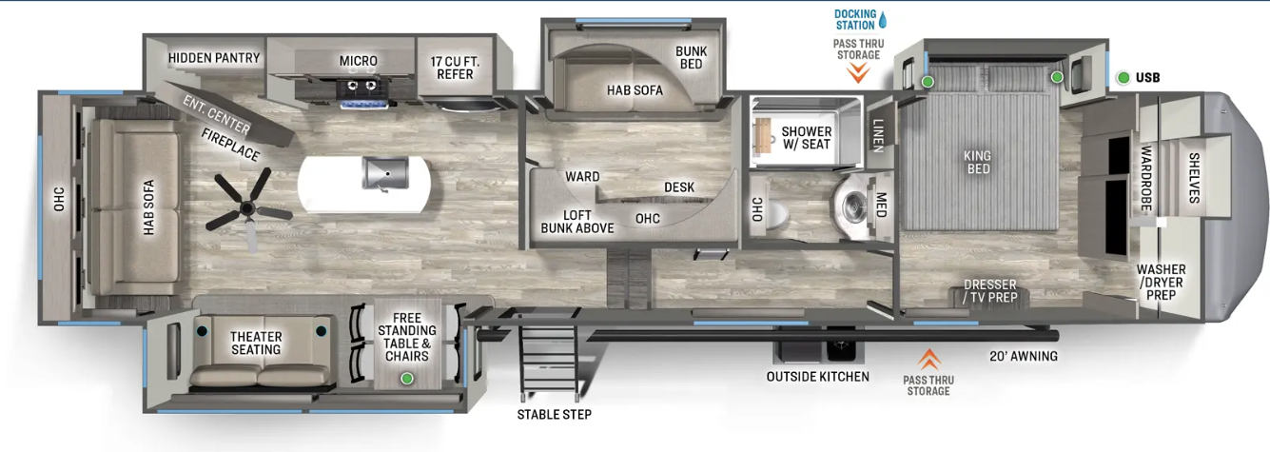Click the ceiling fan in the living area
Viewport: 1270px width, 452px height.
click(246, 208)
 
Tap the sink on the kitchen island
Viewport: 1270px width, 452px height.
click(385, 173)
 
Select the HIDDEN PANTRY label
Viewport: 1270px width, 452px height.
click(214, 58)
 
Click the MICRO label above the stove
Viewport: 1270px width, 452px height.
click(359, 61)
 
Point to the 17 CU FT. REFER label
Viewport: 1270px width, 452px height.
click(455, 69)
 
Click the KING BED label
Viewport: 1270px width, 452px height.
click(978, 162)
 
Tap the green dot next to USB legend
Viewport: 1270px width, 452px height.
click(1123, 78)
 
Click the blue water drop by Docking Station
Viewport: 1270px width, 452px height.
click(882, 20)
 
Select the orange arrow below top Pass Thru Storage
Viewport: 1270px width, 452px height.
click(858, 73)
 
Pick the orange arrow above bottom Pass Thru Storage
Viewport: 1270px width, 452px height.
click(928, 359)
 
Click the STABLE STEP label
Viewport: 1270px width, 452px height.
click(554, 415)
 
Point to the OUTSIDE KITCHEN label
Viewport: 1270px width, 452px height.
click(817, 377)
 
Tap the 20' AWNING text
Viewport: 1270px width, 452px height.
click(1024, 356)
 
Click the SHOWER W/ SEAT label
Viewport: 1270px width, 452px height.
click(806, 138)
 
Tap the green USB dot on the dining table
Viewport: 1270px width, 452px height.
click(406, 379)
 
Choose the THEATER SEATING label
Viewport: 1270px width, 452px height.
click(256, 344)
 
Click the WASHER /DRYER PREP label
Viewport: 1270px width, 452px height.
click(1161, 283)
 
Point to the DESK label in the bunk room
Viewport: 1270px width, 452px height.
click(679, 187)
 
